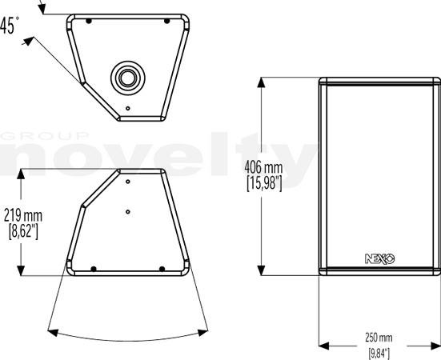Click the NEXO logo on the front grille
pos(379,259)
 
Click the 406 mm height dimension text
pos(263,167)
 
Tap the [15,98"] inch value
pos(264,184)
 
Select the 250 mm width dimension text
pos(379,338)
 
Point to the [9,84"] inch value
pos(379,354)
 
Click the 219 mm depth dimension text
pos(23,216)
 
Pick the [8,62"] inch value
pos(23,232)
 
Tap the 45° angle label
pos(10,26)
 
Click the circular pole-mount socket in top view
pos(128,78)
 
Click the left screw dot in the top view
pos(89,21)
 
